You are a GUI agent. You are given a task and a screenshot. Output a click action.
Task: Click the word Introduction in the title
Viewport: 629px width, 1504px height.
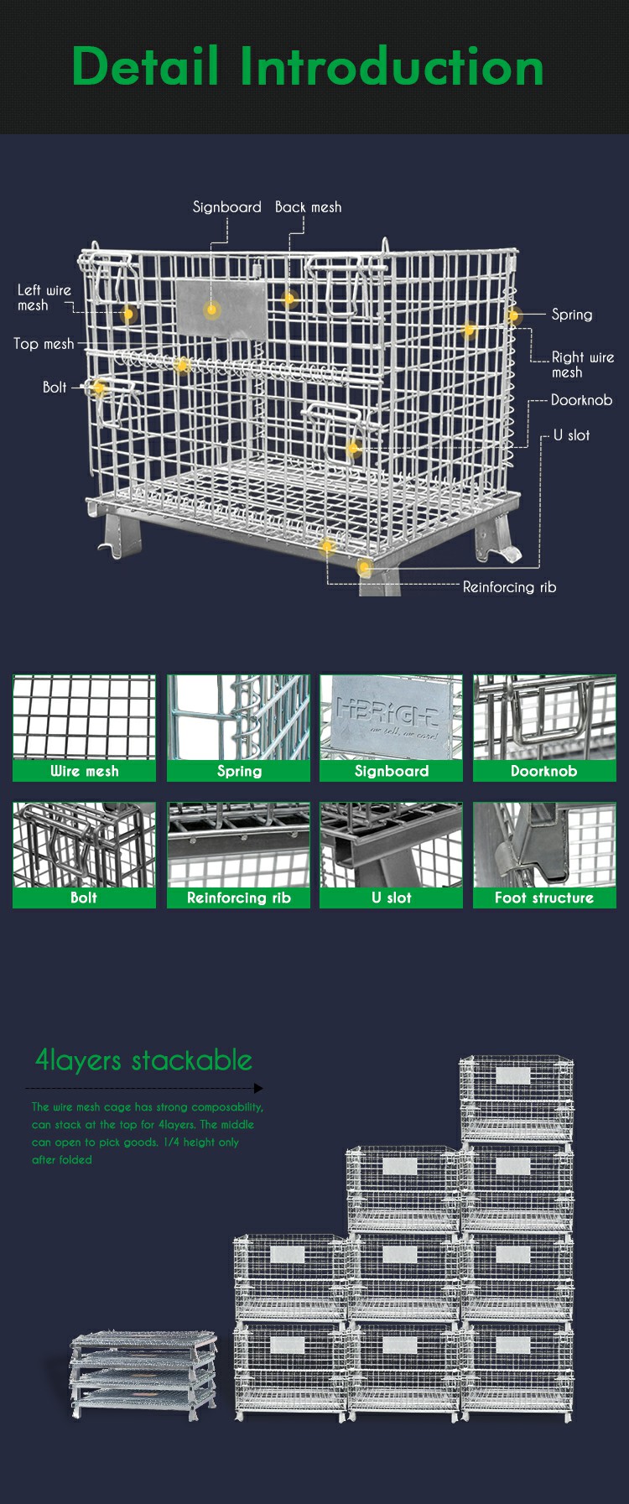(392, 66)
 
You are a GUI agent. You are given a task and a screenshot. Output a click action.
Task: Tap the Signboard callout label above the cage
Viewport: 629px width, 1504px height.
(227, 207)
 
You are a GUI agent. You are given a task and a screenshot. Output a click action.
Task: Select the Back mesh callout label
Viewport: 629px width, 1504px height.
(308, 207)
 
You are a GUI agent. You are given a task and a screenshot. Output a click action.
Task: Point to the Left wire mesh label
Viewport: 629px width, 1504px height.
(44, 298)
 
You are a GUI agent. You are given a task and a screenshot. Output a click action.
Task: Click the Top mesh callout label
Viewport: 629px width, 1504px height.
(44, 344)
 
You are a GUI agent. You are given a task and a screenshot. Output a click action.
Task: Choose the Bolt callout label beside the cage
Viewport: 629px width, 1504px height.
(55, 387)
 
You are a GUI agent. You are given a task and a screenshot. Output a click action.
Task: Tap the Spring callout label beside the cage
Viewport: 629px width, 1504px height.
(572, 315)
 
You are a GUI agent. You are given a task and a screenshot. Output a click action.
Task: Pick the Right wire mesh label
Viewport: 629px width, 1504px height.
(583, 364)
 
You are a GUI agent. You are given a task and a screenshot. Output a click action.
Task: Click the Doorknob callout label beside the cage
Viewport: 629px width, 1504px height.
(581, 400)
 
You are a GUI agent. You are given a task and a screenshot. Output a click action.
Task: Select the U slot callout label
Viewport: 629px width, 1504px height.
(571, 435)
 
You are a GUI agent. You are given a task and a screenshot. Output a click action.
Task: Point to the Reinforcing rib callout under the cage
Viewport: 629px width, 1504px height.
(509, 587)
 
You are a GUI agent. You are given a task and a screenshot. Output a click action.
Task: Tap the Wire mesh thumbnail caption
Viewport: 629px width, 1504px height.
(84, 771)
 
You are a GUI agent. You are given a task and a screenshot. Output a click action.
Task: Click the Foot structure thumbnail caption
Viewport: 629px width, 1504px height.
(544, 898)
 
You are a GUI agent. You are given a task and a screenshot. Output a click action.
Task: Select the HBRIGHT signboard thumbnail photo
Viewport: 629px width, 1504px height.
(391, 717)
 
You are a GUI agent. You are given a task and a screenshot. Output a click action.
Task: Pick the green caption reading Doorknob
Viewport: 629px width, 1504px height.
(544, 771)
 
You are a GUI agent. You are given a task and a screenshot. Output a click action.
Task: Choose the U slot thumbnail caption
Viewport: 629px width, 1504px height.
(391, 898)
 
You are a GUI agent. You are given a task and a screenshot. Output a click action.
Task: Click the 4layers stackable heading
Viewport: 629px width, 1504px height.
(143, 1060)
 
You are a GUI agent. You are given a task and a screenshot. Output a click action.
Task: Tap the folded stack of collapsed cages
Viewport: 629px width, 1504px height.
(143, 1375)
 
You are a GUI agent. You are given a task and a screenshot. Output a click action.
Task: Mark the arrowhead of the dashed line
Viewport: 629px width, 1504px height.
(258, 1088)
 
